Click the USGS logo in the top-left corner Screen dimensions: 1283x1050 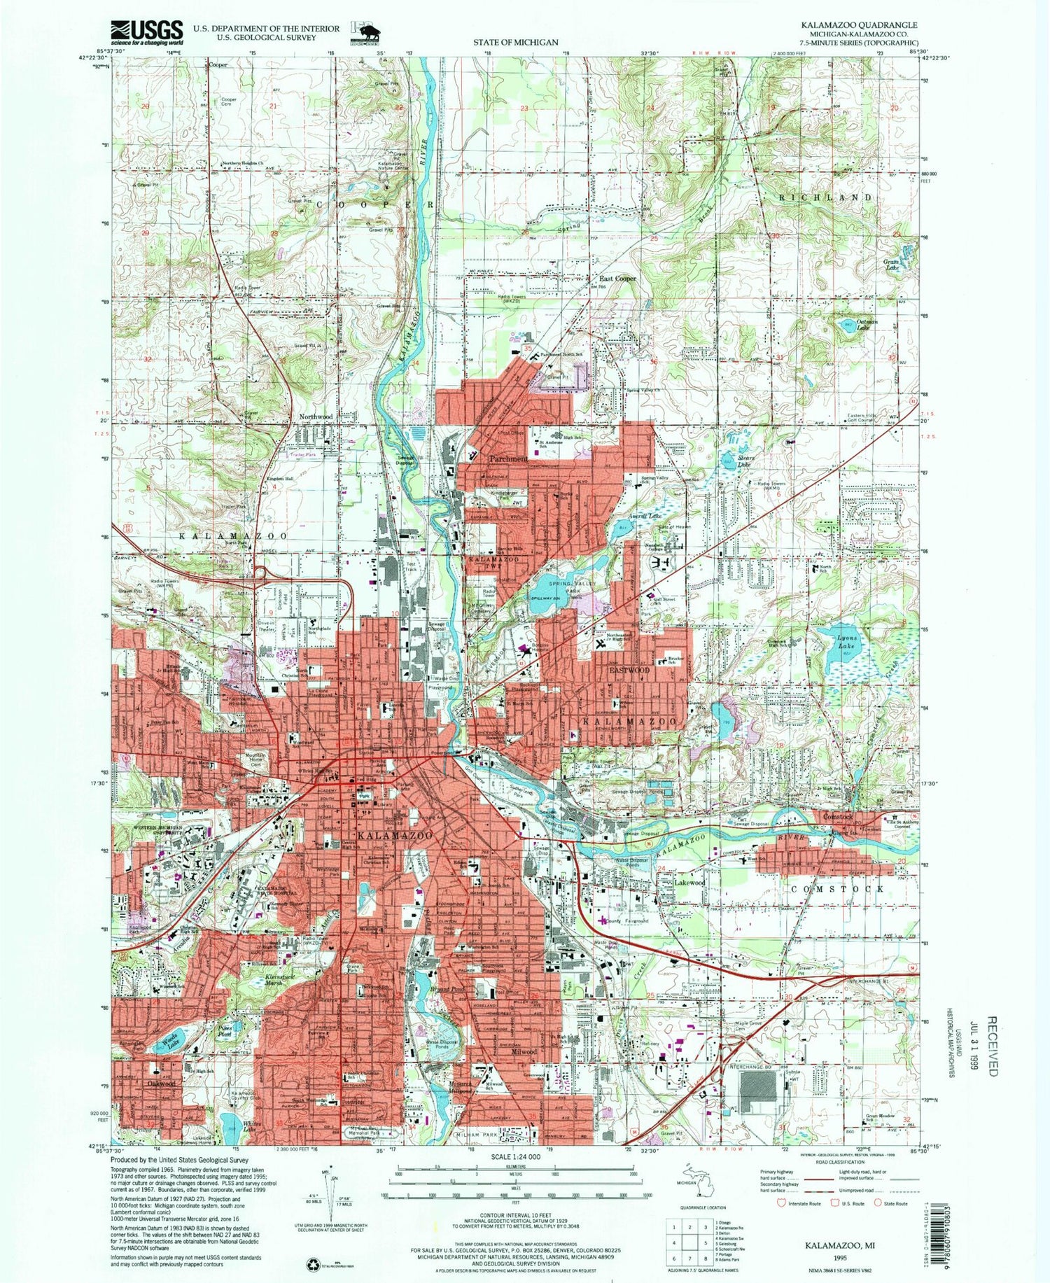coord(146,31)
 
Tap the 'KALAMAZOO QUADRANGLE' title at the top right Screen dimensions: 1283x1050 coord(860,24)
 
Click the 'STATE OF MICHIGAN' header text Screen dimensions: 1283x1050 coord(515,42)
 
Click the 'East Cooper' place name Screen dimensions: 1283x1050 coord(616,279)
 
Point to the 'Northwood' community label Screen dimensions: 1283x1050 coord(316,416)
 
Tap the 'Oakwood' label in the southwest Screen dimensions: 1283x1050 coord(160,1083)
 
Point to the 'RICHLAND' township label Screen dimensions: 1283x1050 coord(826,198)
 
